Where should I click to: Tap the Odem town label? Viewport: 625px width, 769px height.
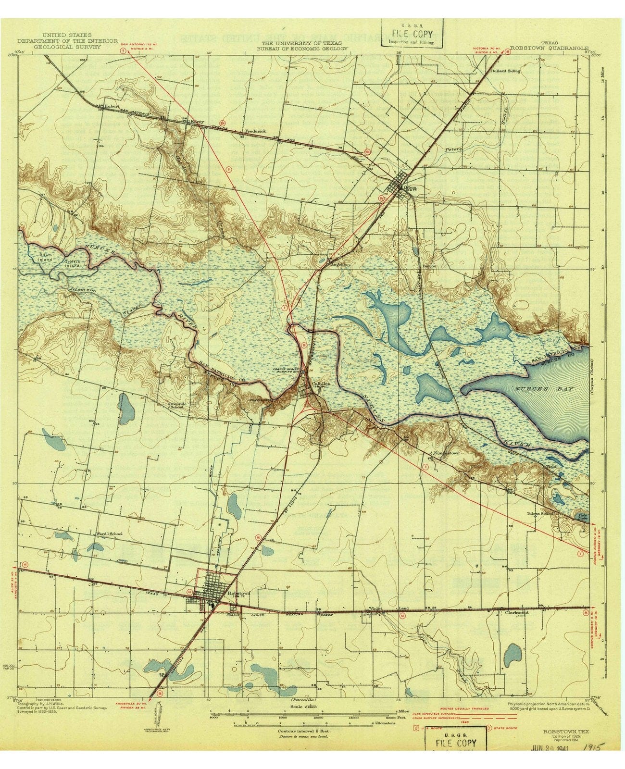click(x=411, y=187)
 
